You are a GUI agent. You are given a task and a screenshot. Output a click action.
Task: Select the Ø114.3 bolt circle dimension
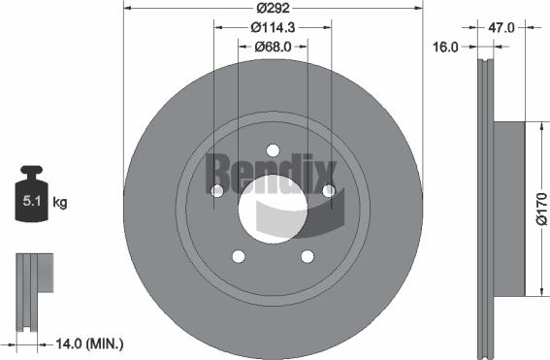tap(273, 29)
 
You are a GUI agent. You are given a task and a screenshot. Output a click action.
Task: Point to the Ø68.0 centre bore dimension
tap(273, 47)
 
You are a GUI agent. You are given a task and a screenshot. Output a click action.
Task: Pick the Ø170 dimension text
tap(541, 208)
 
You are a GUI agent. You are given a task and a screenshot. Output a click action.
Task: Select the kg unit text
tap(59, 202)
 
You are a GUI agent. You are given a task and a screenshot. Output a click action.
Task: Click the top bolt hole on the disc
tap(273, 149)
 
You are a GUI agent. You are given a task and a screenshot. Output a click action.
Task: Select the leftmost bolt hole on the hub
tap(215, 190)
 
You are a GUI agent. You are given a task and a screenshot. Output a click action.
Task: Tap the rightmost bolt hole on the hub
tap(329, 190)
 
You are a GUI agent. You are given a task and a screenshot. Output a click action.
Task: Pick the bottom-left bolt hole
tap(237, 256)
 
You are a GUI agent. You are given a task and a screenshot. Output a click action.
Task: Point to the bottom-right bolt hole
tap(307, 256)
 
